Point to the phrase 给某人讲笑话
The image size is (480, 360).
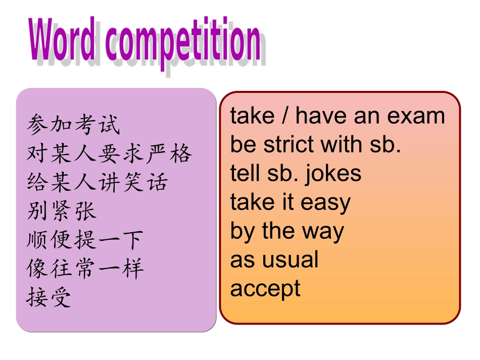coord(97,182)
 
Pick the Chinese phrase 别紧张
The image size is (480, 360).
coord(62,211)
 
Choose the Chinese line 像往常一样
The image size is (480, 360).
coord(85,269)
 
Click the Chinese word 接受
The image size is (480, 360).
coord(49,297)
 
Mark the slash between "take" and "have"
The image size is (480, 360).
coord(286,116)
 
